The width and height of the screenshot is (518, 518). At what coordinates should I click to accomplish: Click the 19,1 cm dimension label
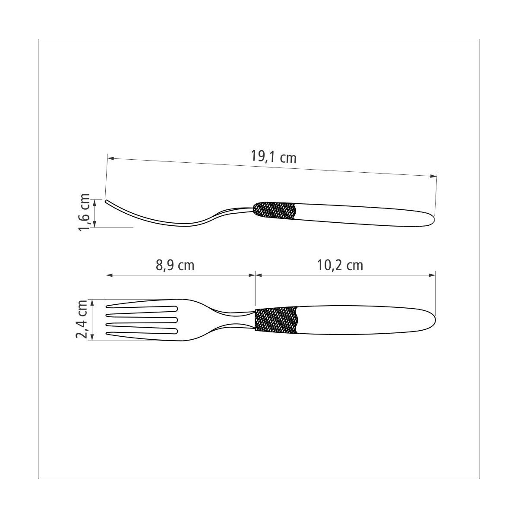273,157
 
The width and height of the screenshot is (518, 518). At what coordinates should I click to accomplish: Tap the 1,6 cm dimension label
84,212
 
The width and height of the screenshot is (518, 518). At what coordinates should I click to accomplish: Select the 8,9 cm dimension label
175,265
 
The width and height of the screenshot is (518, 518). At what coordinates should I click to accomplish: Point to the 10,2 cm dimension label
340,265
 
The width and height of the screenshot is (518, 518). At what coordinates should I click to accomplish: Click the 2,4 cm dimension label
82,319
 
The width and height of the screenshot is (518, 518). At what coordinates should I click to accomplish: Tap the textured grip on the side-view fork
275,211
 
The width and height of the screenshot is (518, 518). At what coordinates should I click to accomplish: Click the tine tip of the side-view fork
106,201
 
